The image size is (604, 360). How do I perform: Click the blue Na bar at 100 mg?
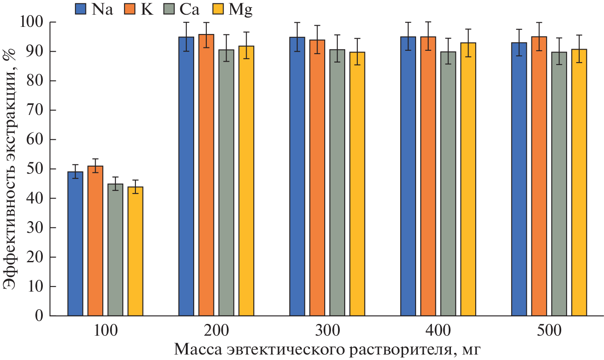click(x=75, y=243)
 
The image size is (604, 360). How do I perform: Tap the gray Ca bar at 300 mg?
click(x=337, y=183)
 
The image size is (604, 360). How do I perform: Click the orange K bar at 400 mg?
click(x=428, y=176)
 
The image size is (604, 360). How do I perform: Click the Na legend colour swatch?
click(x=81, y=9)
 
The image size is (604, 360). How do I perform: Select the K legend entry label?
click(x=147, y=9)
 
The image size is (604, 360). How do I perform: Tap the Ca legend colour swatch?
click(x=171, y=9)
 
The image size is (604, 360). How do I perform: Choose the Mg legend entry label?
click(x=240, y=9)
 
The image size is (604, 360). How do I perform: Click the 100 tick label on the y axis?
click(x=32, y=22)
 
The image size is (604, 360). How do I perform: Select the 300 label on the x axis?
click(x=327, y=331)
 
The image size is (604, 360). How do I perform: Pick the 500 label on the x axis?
click(x=549, y=331)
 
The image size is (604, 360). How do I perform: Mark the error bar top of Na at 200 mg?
click(x=186, y=22)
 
